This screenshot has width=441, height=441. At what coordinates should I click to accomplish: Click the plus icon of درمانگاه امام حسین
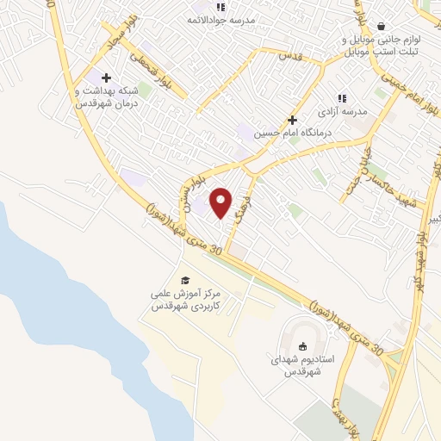pos(292,120)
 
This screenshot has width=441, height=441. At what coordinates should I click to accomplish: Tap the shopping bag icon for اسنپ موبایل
pos(382,25)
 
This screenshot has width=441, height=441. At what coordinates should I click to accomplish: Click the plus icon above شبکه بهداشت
pos(106,78)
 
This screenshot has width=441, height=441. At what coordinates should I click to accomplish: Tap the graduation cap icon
pos(184,280)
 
